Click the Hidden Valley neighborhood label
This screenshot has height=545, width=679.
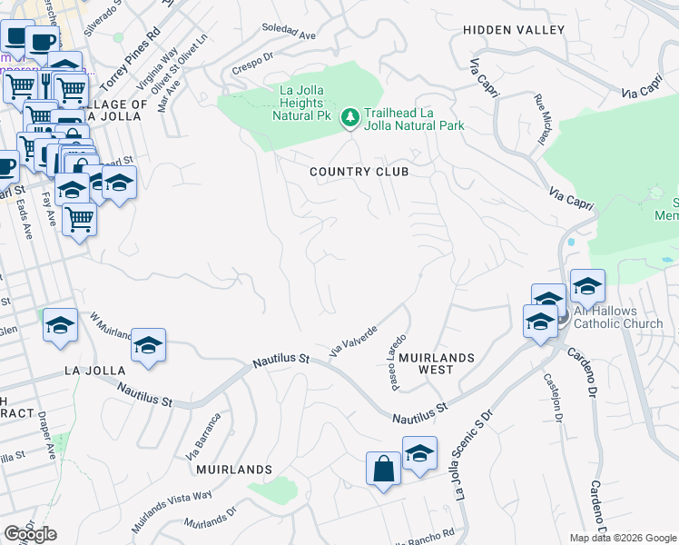point(514,30)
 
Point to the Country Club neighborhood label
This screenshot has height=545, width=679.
point(359,172)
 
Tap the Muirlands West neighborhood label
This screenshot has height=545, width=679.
point(435,363)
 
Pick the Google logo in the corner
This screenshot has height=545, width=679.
point(30,534)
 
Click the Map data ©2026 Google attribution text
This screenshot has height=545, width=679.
point(623,538)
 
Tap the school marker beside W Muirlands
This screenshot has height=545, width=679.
point(148,345)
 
